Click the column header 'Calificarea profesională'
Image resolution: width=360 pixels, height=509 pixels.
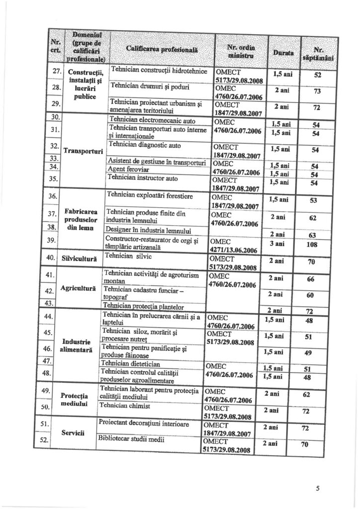(x=162, y=49)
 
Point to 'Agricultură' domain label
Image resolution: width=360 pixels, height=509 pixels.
(x=78, y=289)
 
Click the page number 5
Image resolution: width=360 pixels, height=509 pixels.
(x=317, y=489)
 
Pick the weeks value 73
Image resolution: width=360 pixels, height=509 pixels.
(x=316, y=91)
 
